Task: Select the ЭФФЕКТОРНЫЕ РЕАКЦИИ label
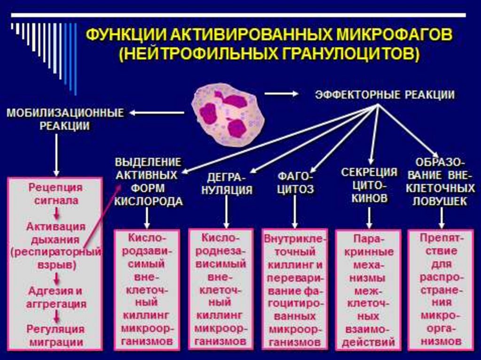pos(384,95)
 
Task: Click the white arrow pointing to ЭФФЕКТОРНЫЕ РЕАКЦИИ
pos(281,94)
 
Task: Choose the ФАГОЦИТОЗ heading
pos(295,183)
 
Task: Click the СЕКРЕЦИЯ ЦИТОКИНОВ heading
pos(369,185)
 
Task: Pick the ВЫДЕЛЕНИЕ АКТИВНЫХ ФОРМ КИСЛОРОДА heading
pos(148,182)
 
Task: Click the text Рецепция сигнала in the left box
pos(55,194)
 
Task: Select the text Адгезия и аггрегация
pos(55,297)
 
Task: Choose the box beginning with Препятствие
pos(440,289)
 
